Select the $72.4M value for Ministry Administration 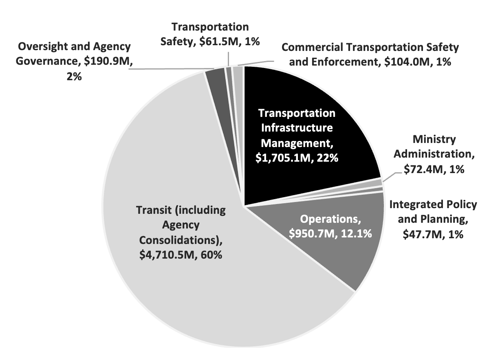[422, 170]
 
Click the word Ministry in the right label [434, 140]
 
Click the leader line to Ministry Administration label [389, 176]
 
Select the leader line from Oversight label [171, 68]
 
